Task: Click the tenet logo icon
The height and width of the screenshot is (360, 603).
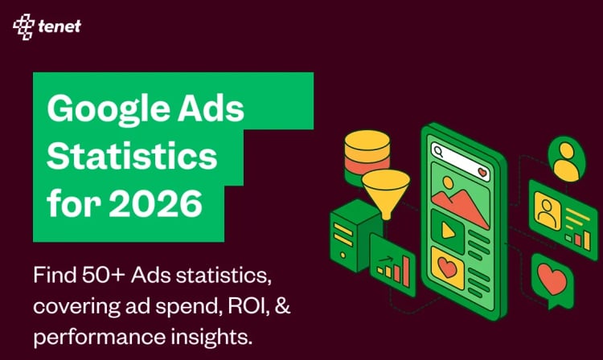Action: (x=23, y=27)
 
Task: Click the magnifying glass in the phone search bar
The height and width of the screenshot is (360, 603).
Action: (x=439, y=150)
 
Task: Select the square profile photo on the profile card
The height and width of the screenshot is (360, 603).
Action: (x=548, y=211)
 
